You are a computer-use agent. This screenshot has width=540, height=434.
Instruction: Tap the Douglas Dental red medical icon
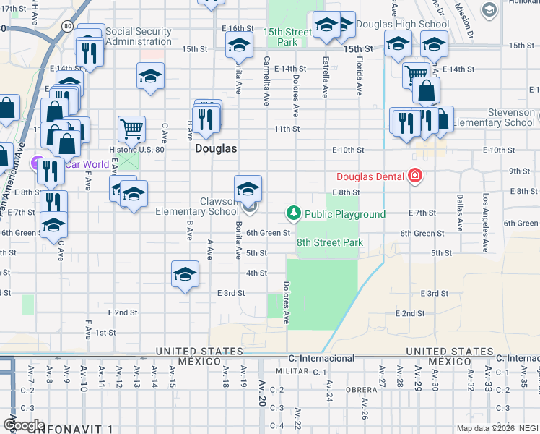(414, 176)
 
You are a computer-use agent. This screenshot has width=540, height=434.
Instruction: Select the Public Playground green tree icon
(294, 213)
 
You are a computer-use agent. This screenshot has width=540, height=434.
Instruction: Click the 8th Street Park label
(329, 243)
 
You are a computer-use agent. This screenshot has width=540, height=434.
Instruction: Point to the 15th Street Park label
(287, 38)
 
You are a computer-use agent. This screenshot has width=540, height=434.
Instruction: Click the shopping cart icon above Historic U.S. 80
(131, 129)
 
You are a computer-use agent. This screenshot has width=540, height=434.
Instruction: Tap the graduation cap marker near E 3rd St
(185, 275)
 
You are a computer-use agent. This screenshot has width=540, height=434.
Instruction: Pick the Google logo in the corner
(23, 425)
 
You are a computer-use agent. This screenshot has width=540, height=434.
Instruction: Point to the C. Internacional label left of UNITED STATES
(321, 358)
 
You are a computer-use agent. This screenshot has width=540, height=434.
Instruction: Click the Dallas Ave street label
(458, 212)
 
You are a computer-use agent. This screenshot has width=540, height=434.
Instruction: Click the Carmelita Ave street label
(266, 81)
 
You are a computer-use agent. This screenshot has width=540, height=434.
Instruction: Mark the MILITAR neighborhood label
(292, 370)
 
